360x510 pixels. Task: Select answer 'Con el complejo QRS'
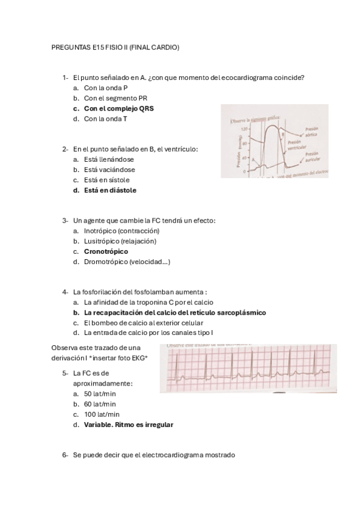(118, 109)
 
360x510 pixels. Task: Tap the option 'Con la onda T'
(105, 119)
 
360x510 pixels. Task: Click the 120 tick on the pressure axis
(245, 129)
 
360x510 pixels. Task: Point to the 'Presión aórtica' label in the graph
(312, 131)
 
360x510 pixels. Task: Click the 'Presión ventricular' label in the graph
(298, 146)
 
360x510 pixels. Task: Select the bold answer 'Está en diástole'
(110, 191)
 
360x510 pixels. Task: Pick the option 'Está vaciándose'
(109, 170)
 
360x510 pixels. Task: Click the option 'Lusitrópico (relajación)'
(120, 241)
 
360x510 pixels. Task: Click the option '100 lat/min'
(102, 414)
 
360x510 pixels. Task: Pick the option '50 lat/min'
(100, 393)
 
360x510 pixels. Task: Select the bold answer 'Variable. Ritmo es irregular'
(129, 425)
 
